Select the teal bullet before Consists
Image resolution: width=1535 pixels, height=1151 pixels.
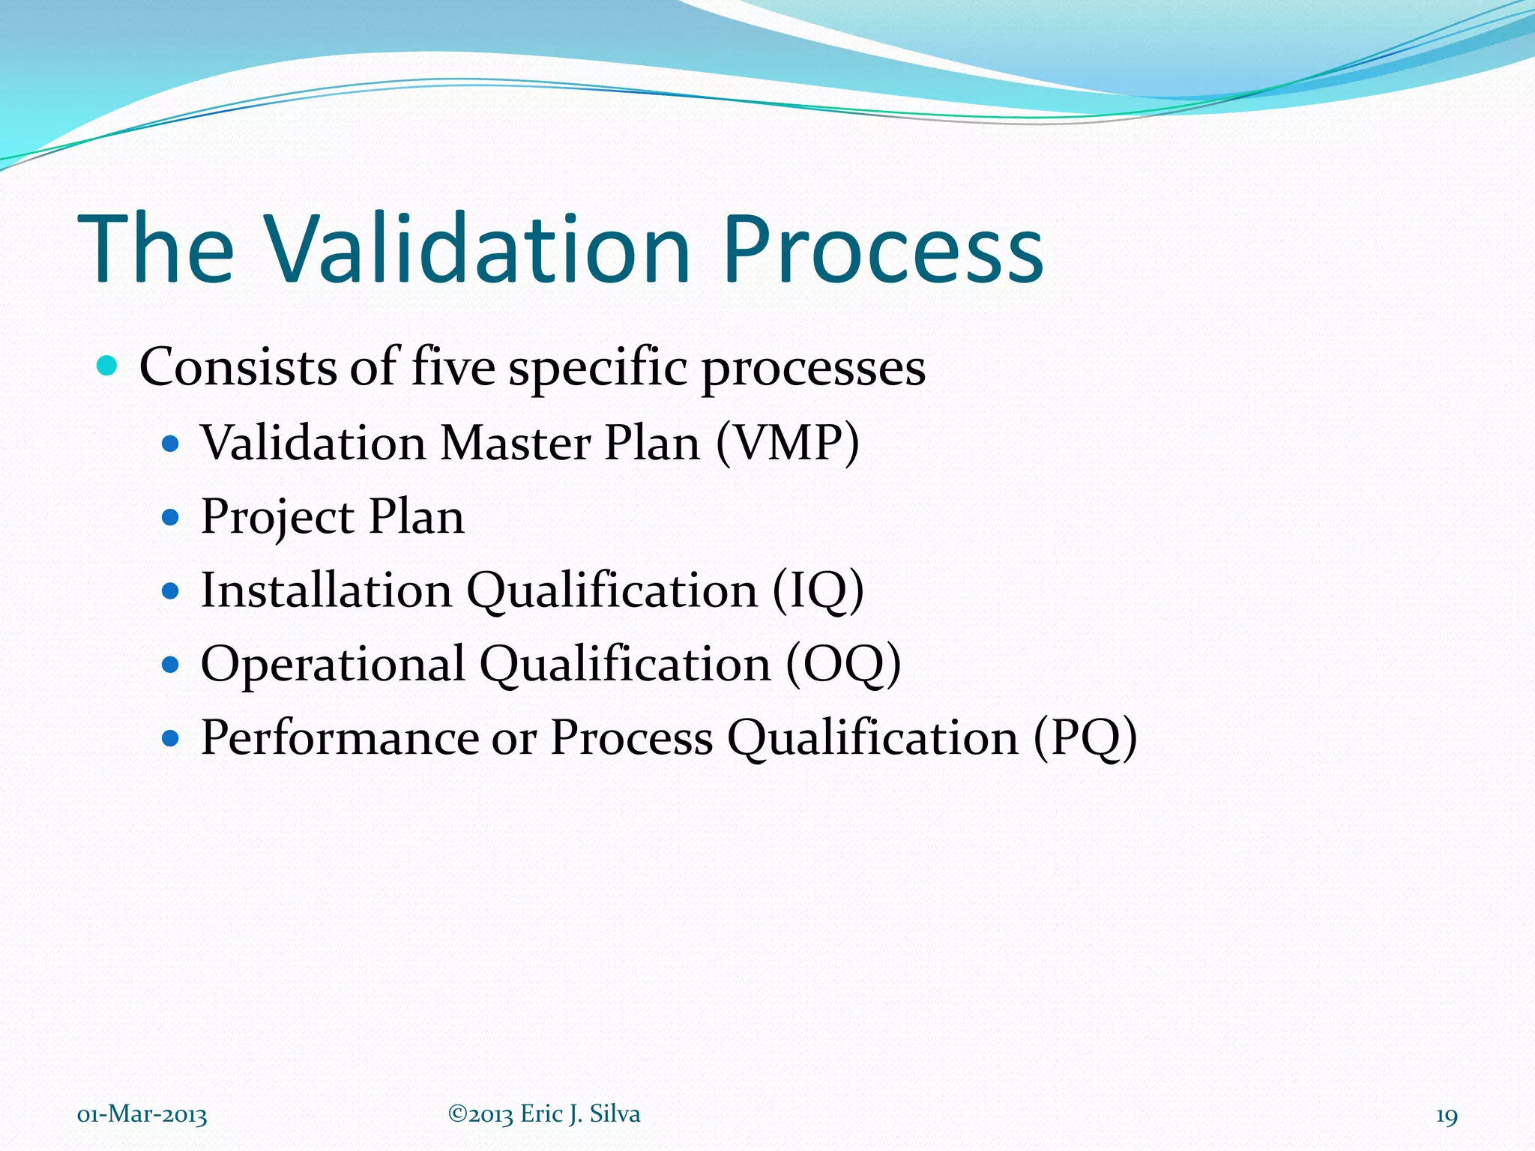point(108,366)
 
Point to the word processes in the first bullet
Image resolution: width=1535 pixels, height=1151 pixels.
point(813,369)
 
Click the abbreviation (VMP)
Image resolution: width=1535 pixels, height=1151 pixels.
point(787,442)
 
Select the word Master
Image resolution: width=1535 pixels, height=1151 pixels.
point(515,442)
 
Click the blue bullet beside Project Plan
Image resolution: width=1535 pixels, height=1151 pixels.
point(171,517)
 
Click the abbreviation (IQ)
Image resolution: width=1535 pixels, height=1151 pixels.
point(818,590)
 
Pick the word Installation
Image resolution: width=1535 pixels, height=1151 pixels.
point(326,590)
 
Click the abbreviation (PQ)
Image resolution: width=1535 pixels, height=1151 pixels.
point(1085,737)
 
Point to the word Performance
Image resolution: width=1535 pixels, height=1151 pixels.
point(339,737)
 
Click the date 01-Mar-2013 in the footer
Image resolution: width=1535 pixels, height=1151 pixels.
point(142,1114)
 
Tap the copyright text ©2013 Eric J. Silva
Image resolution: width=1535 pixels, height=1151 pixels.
point(544,1114)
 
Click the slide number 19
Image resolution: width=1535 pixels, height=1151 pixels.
point(1446,1116)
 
